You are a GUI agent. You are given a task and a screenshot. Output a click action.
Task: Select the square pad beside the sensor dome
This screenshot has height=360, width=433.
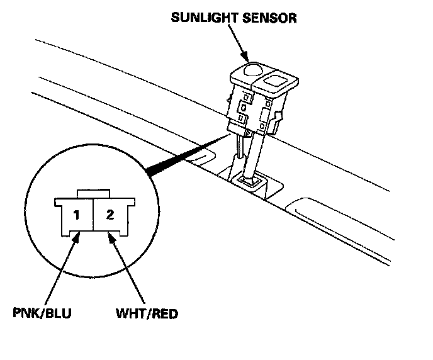(277, 79)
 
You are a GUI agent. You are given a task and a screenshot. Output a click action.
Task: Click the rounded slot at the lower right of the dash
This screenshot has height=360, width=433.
(315, 211)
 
